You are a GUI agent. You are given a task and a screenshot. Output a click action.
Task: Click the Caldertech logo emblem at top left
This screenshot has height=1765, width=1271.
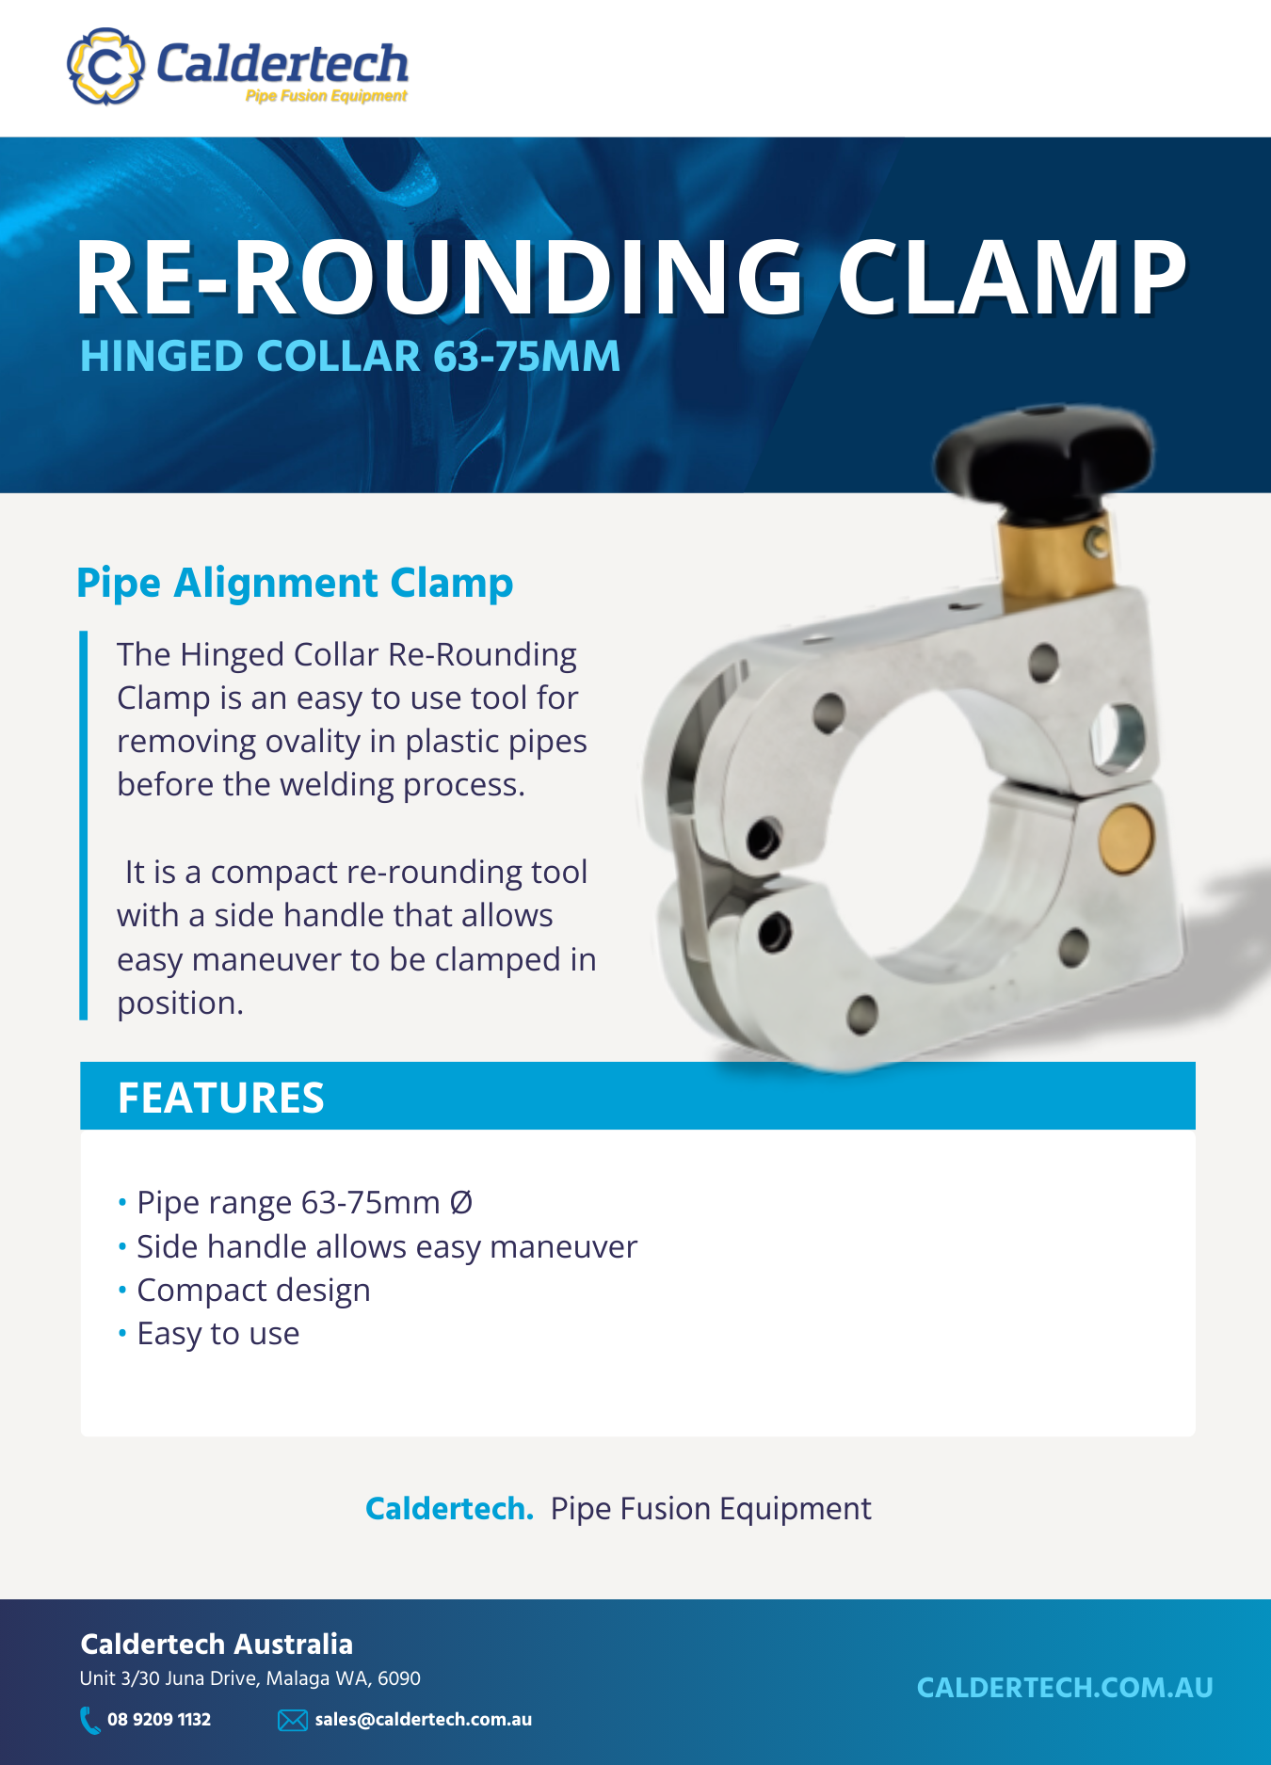point(105,66)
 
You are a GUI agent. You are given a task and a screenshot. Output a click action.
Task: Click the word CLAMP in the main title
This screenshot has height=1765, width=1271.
point(1012,277)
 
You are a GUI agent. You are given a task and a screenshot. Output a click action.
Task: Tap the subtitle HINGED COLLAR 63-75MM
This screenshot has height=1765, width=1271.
point(350,356)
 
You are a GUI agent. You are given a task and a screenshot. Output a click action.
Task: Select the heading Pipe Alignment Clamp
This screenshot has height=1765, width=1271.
point(295,583)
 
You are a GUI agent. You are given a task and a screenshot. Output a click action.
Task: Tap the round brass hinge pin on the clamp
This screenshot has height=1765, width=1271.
point(1126,839)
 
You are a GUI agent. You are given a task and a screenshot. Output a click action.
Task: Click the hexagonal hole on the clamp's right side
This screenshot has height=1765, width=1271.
point(1118,736)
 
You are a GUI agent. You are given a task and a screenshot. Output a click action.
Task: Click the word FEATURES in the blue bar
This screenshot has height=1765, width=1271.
point(221,1098)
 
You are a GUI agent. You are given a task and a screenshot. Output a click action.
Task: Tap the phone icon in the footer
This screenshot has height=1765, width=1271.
point(90,1720)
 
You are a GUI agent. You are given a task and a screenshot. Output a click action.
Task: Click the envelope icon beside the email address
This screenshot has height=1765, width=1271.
point(293,1721)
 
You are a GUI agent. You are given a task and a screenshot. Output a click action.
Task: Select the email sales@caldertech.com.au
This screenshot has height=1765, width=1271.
point(424,1720)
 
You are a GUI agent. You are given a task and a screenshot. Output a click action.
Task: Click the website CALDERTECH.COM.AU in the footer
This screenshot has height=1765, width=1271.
point(1065,1688)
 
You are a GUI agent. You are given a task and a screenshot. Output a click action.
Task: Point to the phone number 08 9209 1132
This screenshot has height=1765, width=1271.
point(159,1720)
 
